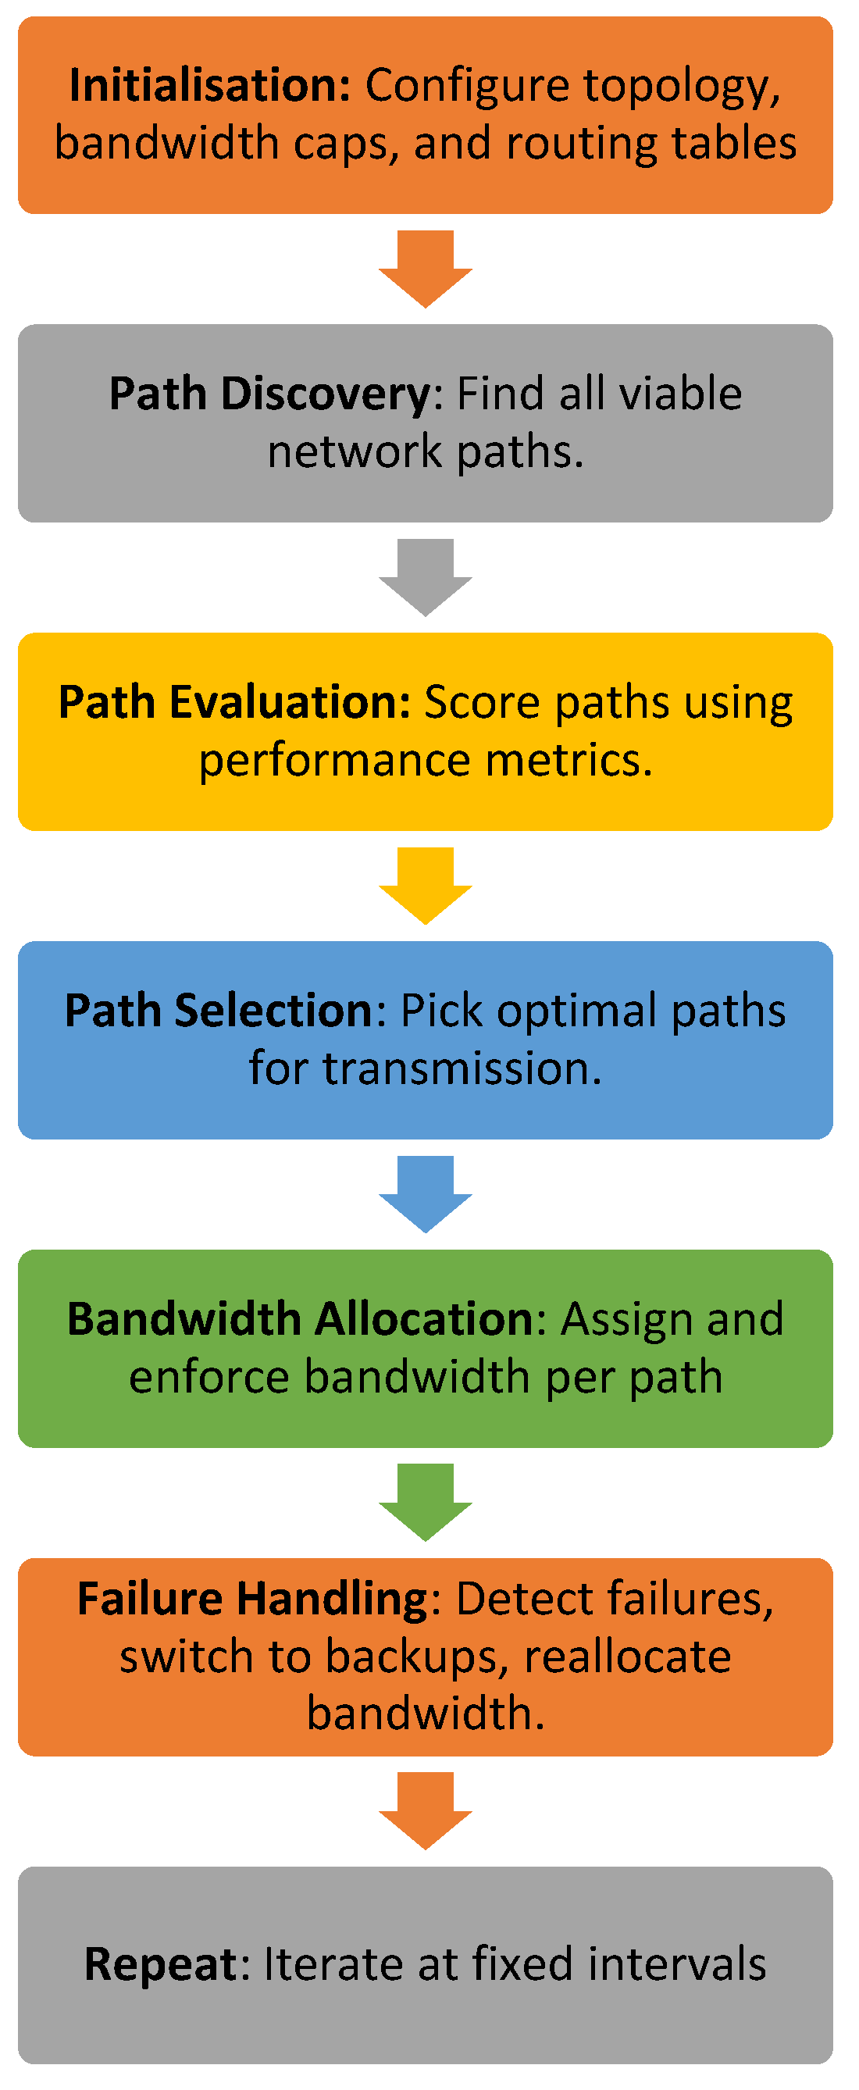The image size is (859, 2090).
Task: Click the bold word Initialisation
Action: [209, 85]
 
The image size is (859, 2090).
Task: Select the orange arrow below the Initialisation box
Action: [426, 270]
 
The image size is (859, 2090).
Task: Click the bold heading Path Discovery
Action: [270, 394]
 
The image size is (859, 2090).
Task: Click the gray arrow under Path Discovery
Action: [426, 579]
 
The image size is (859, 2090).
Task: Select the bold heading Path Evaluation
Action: [234, 703]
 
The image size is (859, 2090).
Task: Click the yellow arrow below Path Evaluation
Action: [426, 886]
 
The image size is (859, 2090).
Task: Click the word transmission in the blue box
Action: [462, 1069]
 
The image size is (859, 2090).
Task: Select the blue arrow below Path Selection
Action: [426, 1195]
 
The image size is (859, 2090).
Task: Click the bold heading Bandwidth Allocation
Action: [301, 1319]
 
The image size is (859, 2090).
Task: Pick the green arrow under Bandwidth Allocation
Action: [426, 1503]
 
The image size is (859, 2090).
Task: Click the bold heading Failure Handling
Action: [252, 1598]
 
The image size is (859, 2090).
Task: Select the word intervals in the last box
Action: [677, 1965]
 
